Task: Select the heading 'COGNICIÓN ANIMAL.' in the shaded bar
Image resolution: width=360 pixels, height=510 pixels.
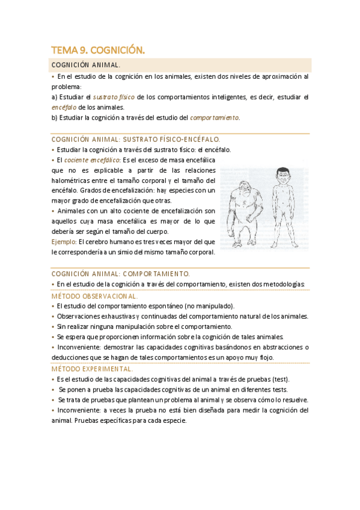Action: [86, 65]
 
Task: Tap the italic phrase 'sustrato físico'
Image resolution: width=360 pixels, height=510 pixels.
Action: [114, 97]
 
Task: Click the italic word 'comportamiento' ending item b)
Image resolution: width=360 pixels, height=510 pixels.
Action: [215, 117]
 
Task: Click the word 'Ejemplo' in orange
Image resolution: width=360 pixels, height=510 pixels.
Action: [64, 242]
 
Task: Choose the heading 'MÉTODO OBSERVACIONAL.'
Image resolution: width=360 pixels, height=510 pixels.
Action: [94, 296]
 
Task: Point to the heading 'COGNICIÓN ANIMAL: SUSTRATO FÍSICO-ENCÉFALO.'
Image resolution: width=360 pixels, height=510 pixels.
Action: [136, 139]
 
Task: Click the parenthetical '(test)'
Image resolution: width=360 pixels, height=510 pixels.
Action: [280, 379]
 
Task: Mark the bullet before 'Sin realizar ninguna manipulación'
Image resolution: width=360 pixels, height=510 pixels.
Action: [53, 327]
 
